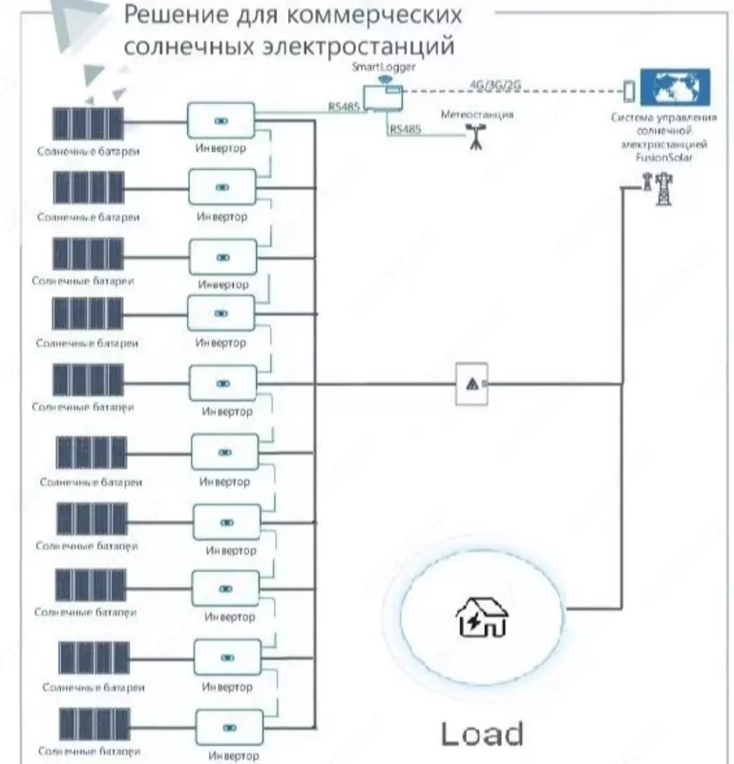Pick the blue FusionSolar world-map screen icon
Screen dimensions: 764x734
675,87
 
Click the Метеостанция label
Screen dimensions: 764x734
477,114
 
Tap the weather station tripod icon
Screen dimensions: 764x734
473,139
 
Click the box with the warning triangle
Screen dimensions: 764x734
472,384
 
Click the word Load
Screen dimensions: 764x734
482,733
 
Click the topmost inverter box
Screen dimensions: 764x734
220,121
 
